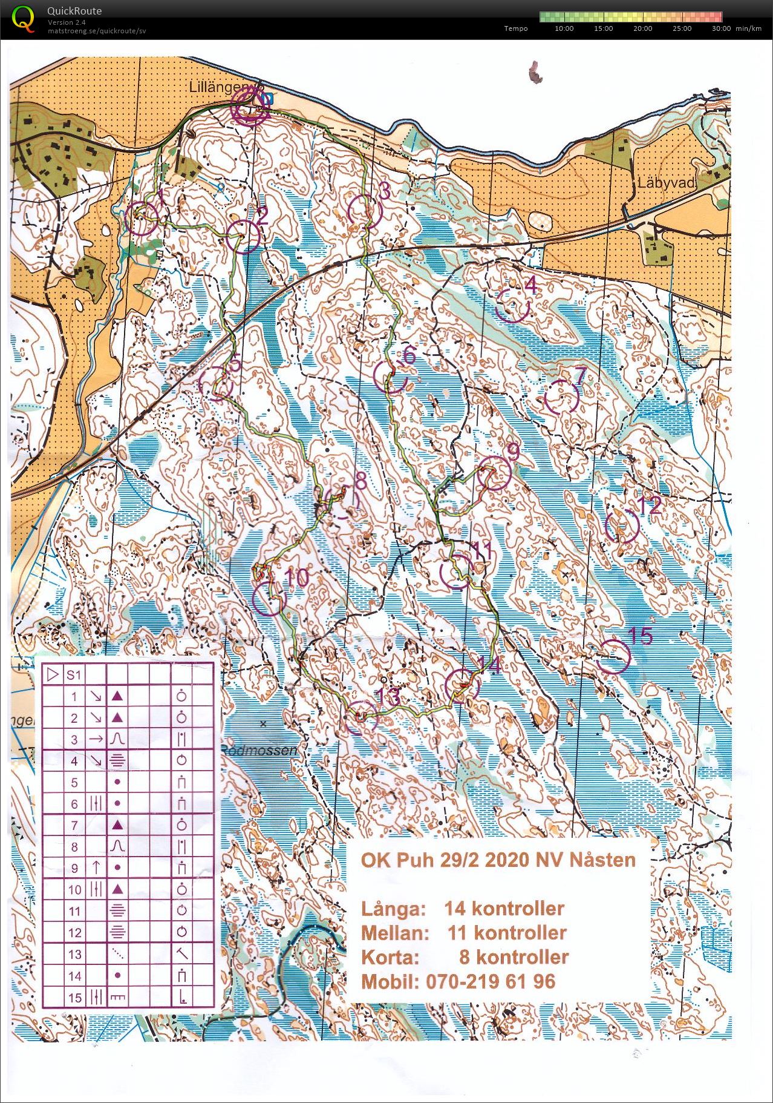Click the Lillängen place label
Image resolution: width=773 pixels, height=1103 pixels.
point(217,87)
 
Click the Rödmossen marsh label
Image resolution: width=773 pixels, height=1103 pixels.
point(259,751)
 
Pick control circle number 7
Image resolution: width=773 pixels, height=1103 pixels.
point(562,397)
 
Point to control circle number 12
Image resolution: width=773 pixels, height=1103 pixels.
point(622,525)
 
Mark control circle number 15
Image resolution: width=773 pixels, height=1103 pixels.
point(613,656)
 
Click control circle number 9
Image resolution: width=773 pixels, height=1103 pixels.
point(495,474)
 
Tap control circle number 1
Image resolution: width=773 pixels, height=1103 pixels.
point(142,218)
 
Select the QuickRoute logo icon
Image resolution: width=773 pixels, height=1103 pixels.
point(23,18)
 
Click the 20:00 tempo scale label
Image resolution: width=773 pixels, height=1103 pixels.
point(642,28)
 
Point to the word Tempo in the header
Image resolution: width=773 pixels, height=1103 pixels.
point(515,28)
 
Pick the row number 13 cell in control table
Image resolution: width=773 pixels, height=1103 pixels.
point(74,954)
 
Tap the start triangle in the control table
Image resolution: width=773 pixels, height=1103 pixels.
point(53,674)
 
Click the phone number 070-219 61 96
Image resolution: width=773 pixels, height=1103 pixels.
point(458,981)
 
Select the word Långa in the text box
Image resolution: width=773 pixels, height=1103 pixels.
point(391,909)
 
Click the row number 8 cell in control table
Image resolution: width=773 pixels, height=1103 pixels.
point(74,846)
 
